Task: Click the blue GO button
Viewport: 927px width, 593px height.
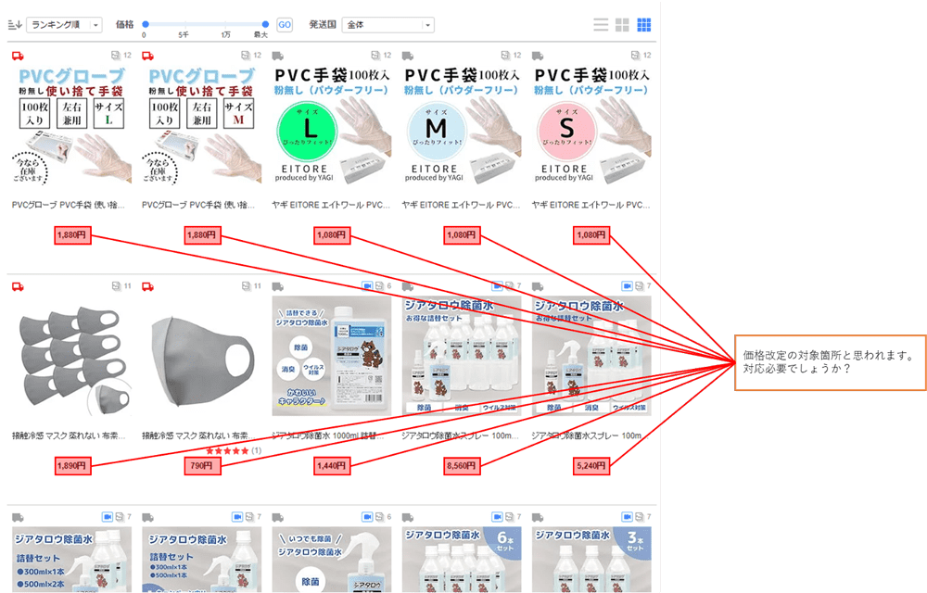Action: coord(285,25)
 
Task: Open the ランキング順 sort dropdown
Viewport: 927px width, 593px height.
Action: coord(64,25)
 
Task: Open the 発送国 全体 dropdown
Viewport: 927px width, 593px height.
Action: coord(387,25)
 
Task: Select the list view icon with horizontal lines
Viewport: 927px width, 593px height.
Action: coord(602,25)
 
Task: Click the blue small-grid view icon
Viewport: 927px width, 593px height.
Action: coord(643,25)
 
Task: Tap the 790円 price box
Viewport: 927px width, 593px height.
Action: coord(201,466)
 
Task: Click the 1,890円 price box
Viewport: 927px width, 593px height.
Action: coord(72,466)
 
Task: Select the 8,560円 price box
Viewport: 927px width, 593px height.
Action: coord(461,466)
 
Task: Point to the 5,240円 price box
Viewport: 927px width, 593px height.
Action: coord(590,466)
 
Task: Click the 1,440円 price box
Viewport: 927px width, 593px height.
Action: coord(331,466)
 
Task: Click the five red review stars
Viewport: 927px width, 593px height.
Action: coord(226,450)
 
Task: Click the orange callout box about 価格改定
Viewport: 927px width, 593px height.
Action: coord(829,361)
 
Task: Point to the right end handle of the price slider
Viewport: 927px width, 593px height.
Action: coord(266,25)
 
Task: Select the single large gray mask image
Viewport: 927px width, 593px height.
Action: coord(201,355)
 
